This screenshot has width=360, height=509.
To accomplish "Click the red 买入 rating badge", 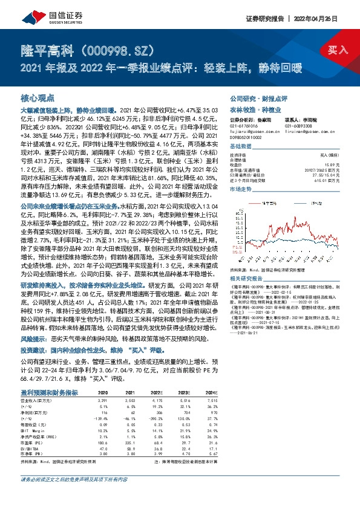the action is (338, 50).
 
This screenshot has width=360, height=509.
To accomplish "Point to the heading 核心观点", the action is (38, 97).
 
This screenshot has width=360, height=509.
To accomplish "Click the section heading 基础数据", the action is (240, 146).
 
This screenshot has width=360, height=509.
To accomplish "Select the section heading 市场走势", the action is (240, 189).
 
